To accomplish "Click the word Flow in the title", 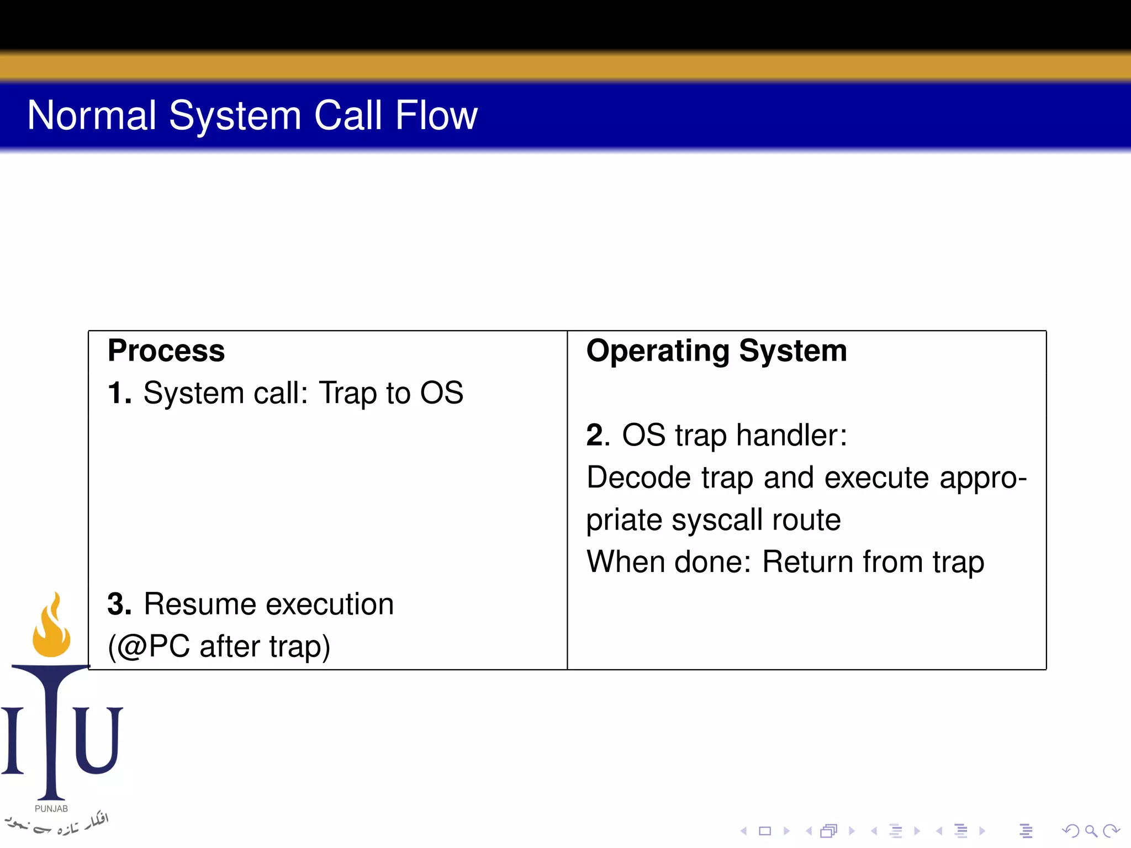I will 436,115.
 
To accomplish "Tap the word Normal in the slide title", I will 92,115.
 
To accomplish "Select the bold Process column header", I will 166,351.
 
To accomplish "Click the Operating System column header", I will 716,351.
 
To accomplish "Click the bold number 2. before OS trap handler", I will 598,435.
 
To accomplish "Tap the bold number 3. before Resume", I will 119,604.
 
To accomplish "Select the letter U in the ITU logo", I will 98,740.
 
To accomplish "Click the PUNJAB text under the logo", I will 51,809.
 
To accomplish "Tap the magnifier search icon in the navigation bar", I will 1091,831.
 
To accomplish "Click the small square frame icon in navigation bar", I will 765,831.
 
